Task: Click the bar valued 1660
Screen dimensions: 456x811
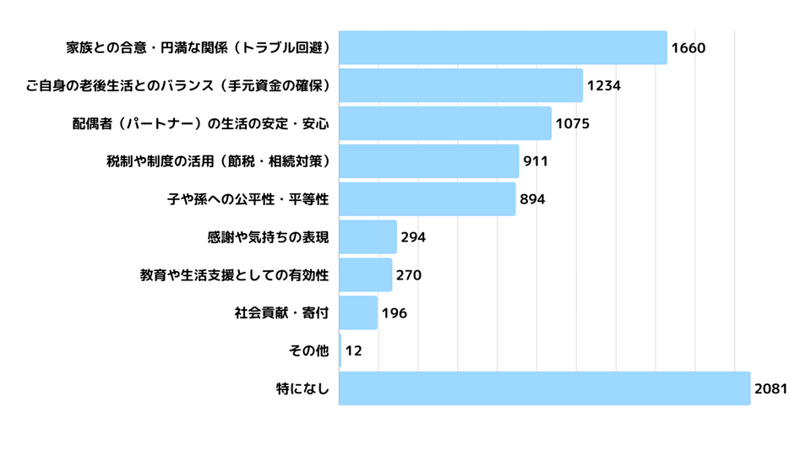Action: pyautogui.click(x=503, y=47)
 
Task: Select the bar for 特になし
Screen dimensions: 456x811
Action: pyautogui.click(x=544, y=388)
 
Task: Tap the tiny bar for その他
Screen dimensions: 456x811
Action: pyautogui.click(x=340, y=350)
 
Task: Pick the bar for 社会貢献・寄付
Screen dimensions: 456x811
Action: pyautogui.click(x=358, y=312)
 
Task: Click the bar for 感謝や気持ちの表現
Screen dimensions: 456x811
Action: pyautogui.click(x=367, y=237)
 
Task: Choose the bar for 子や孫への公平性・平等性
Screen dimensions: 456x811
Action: pyautogui.click(x=427, y=199)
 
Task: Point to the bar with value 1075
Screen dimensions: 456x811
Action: pyautogui.click(x=444, y=123)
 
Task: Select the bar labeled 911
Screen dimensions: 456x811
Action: pyautogui.click(x=428, y=161)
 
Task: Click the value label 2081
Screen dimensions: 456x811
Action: pyautogui.click(x=770, y=388)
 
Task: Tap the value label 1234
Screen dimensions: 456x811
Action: pyautogui.click(x=604, y=85)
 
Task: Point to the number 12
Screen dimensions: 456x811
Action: pyautogui.click(x=354, y=350)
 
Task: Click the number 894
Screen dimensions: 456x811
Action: pyautogui.click(x=532, y=199)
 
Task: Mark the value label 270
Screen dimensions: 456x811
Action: pyautogui.click(x=409, y=275)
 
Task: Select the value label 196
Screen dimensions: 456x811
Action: pyautogui.click(x=394, y=312)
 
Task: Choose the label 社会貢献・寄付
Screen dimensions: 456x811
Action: pyautogui.click(x=281, y=312)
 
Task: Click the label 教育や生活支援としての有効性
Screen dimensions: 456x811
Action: pyautogui.click(x=234, y=275)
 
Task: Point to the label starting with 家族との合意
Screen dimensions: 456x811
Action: pyautogui.click(x=197, y=47)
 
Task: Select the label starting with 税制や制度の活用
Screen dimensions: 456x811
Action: pyautogui.click(x=217, y=161)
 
